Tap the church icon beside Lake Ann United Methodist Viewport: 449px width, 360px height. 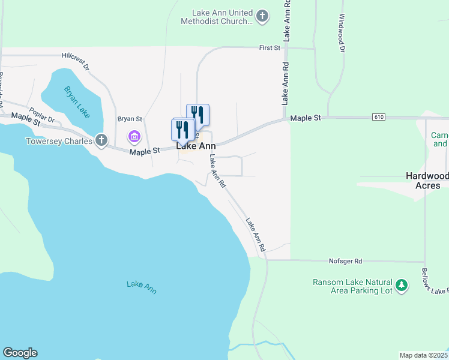pyautogui.click(x=262, y=16)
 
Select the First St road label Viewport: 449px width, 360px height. pyautogui.click(x=270, y=47)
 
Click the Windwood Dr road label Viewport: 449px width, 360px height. pyautogui.click(x=342, y=33)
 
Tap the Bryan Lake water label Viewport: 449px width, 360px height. pyautogui.click(x=75, y=100)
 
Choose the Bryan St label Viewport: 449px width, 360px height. pyautogui.click(x=129, y=119)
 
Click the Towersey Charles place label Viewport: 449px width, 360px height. pyautogui.click(x=59, y=142)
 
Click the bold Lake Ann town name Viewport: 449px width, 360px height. pyautogui.click(x=196, y=146)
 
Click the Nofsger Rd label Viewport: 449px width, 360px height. pyautogui.click(x=346, y=262)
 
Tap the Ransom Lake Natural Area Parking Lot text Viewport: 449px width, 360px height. pyautogui.click(x=353, y=286)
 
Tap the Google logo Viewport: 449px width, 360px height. pyautogui.click(x=20, y=353)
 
